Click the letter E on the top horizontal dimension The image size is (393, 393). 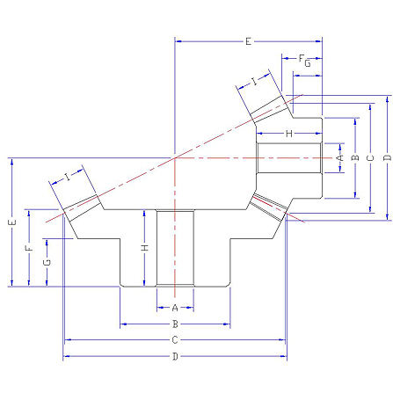pyautogui.click(x=248, y=41)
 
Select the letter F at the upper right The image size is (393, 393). pyautogui.click(x=302, y=58)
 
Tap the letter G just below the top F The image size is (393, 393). pyautogui.click(x=308, y=63)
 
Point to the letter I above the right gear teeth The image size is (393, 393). pyautogui.click(x=254, y=81)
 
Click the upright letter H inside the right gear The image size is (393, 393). pyautogui.click(x=289, y=134)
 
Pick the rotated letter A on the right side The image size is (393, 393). pyautogui.click(x=340, y=158)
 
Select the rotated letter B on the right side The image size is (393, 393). pyautogui.click(x=355, y=158)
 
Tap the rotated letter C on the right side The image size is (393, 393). pyautogui.click(x=370, y=158)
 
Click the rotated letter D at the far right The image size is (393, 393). pyautogui.click(x=387, y=158)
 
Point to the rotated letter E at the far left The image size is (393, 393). pyautogui.click(x=12, y=222)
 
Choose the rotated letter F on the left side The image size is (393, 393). pyautogui.click(x=29, y=249)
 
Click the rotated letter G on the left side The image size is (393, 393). pyautogui.click(x=47, y=262)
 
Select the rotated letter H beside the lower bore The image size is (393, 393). pyautogui.click(x=145, y=248)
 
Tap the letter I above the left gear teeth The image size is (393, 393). pyautogui.click(x=68, y=177)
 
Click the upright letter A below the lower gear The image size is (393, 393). pyautogui.click(x=175, y=308)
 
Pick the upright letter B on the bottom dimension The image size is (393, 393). pyautogui.click(x=175, y=324)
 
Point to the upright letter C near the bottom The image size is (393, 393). pyautogui.click(x=175, y=340)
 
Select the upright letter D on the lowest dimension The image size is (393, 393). pyautogui.click(x=175, y=356)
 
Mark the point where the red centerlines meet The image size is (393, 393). pyautogui.click(x=175, y=158)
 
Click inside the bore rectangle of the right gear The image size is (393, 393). pyautogui.click(x=289, y=158)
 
